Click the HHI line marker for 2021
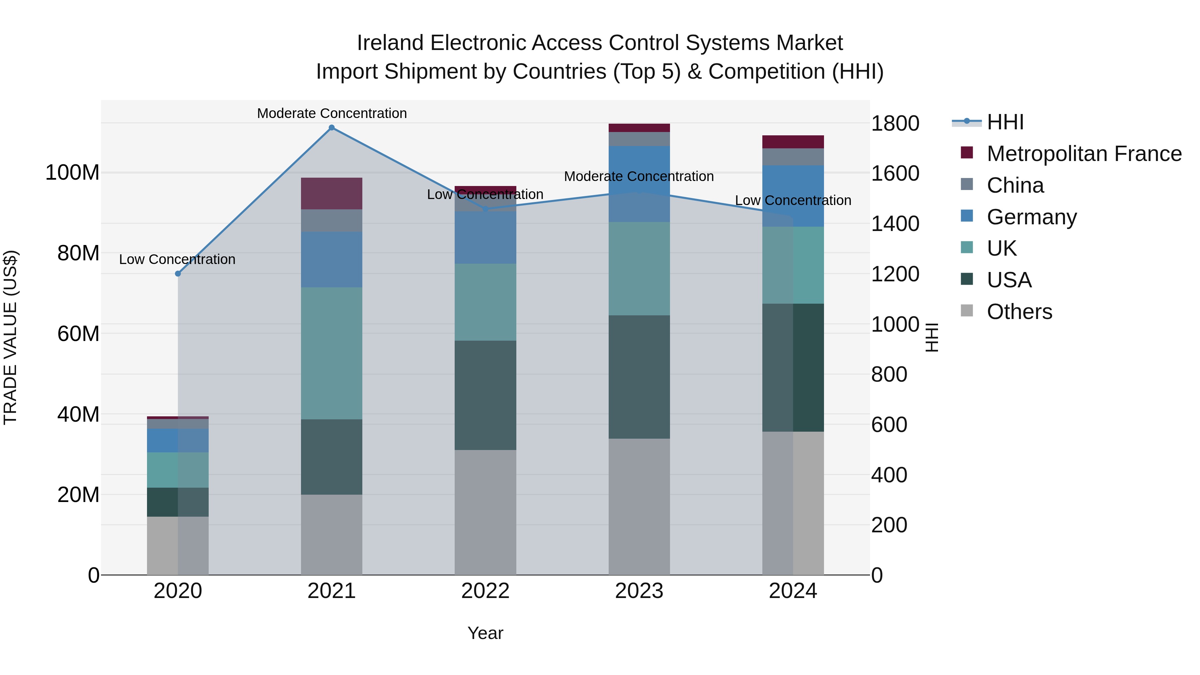(331, 128)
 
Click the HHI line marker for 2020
(177, 273)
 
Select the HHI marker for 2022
(485, 209)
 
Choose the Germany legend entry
(1031, 217)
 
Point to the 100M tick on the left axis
(72, 173)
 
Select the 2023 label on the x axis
(639, 591)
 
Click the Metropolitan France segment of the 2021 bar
(331, 193)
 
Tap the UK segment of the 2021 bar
(331, 353)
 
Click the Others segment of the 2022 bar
(485, 512)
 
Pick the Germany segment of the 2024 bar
(793, 196)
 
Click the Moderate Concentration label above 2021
(332, 113)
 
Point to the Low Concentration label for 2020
(177, 259)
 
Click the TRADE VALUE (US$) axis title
(10, 337)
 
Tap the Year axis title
(485, 633)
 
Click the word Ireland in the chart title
(390, 43)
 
